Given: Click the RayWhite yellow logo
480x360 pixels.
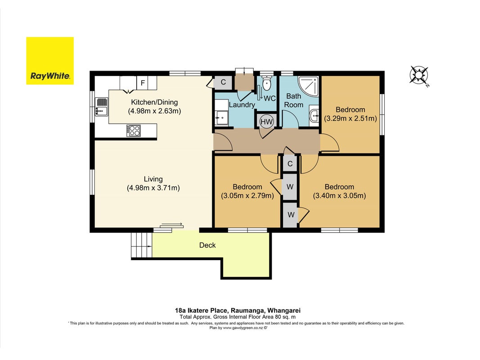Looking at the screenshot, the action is coord(50,61).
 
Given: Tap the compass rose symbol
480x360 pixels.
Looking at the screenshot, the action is coord(419,75).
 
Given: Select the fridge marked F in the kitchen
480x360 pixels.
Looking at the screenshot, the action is coord(143,83).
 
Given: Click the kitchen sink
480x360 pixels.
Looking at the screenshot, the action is coord(101,107).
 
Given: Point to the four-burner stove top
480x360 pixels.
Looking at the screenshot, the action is coord(134,130).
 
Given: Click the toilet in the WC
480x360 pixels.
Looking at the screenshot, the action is coord(267,84).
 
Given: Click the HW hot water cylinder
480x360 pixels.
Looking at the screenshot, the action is coord(266,121).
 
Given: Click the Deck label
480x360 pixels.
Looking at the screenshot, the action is coord(207,245).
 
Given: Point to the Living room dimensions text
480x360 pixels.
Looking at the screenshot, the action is coord(153,188).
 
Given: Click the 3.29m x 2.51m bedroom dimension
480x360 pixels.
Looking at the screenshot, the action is coord(350,118).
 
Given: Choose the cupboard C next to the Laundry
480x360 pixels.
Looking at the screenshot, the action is coord(223,82).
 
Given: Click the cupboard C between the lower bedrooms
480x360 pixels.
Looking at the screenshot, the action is coord(290,164).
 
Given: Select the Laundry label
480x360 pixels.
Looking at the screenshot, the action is coord(242,105).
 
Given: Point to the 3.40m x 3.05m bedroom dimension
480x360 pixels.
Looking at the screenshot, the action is coord(340,196).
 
